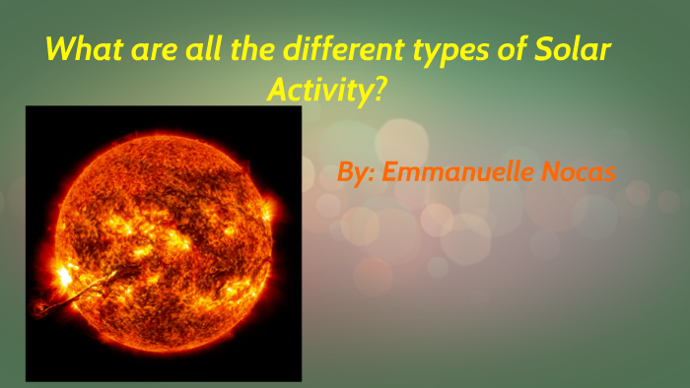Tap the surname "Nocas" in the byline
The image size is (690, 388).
pos(580,172)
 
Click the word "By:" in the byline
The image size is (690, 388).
pos(356,173)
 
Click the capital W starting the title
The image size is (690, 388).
pos(62,49)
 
